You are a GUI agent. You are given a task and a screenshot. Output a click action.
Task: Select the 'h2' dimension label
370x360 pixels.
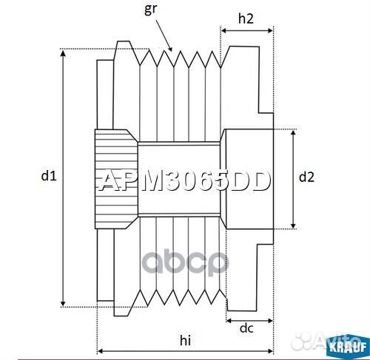point(246,17)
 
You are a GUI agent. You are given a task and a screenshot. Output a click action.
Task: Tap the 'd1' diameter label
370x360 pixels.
point(48,176)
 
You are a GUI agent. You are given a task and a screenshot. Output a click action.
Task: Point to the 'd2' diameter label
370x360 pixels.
point(306,177)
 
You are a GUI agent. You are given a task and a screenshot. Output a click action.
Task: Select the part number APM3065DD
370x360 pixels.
point(185,181)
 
